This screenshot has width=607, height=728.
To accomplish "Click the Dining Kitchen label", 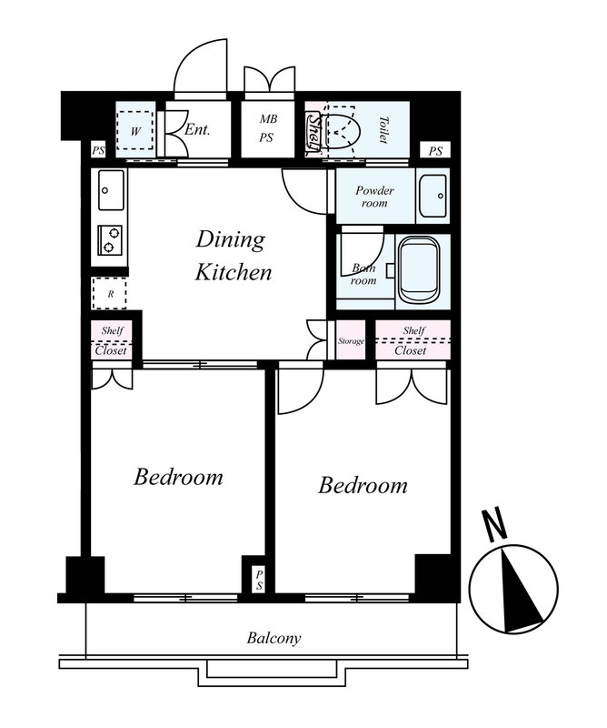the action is [x=233, y=256].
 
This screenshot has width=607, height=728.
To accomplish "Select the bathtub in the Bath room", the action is [x=419, y=270].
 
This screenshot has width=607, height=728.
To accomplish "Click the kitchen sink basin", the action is [x=111, y=190].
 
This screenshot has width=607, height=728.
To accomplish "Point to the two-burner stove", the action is [x=110, y=239].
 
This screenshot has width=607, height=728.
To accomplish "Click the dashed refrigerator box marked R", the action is [x=110, y=293].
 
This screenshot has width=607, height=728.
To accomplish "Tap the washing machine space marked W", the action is [x=134, y=130].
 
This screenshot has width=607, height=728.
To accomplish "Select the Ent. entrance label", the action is [x=197, y=129].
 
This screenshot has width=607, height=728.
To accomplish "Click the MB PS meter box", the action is [x=267, y=128].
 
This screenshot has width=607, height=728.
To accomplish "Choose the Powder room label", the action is [x=374, y=197].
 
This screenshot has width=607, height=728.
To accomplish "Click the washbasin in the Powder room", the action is [x=433, y=196].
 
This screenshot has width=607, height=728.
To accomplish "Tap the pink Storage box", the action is [x=351, y=340].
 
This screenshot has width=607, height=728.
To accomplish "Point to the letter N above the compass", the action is [x=493, y=526].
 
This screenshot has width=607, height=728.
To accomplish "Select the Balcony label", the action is [x=274, y=639].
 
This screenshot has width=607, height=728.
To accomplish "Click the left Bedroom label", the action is [x=178, y=477].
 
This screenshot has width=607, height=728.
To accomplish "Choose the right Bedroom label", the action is [x=363, y=486].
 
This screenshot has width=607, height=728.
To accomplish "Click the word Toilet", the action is [x=383, y=129].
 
